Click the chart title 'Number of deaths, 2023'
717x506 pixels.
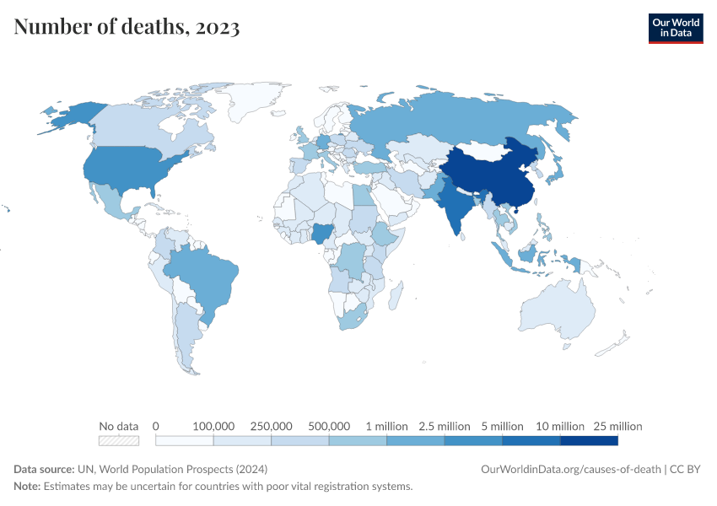(127, 27)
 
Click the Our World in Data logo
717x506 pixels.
(675, 28)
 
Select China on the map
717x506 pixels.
(489, 173)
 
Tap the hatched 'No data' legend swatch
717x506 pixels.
(118, 440)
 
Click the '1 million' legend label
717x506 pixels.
(385, 426)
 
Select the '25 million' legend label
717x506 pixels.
(617, 426)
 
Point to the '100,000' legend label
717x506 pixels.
(213, 426)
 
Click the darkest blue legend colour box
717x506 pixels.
(589, 440)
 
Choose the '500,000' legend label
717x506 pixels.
(328, 426)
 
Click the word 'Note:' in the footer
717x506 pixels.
(27, 487)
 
